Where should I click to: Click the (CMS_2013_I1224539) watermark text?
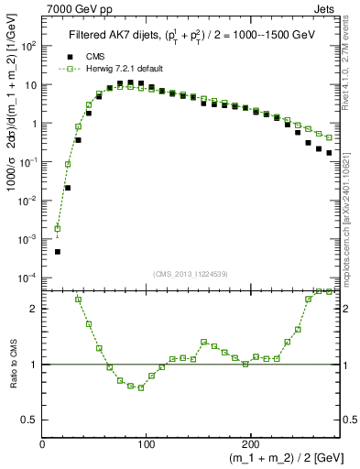pyautogui.click(x=191, y=273)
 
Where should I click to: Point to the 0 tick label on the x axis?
pyautogui.click(x=43, y=444)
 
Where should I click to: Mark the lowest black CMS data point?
pyautogui.click(x=57, y=251)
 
